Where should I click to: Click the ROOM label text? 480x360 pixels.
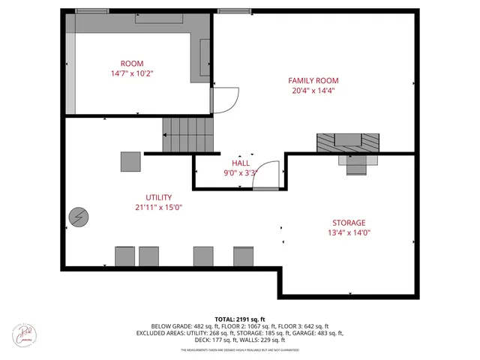click(132, 64)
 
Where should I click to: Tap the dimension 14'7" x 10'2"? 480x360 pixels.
click(132, 74)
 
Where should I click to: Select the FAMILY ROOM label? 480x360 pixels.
click(313, 80)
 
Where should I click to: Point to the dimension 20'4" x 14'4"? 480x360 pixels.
click(313, 91)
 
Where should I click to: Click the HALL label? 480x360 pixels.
click(240, 162)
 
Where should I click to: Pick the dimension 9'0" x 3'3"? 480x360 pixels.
click(240, 172)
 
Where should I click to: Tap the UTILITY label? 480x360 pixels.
click(158, 197)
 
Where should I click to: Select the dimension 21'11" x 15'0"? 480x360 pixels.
click(158, 208)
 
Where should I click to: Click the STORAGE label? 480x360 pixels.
click(349, 223)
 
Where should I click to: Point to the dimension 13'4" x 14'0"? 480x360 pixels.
click(349, 233)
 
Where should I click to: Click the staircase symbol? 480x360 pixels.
click(188, 134)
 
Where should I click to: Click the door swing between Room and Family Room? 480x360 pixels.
click(225, 99)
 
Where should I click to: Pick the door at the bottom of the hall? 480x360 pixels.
click(263, 178)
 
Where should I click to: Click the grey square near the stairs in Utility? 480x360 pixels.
click(130, 161)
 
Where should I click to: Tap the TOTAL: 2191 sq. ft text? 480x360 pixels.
click(240, 319)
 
